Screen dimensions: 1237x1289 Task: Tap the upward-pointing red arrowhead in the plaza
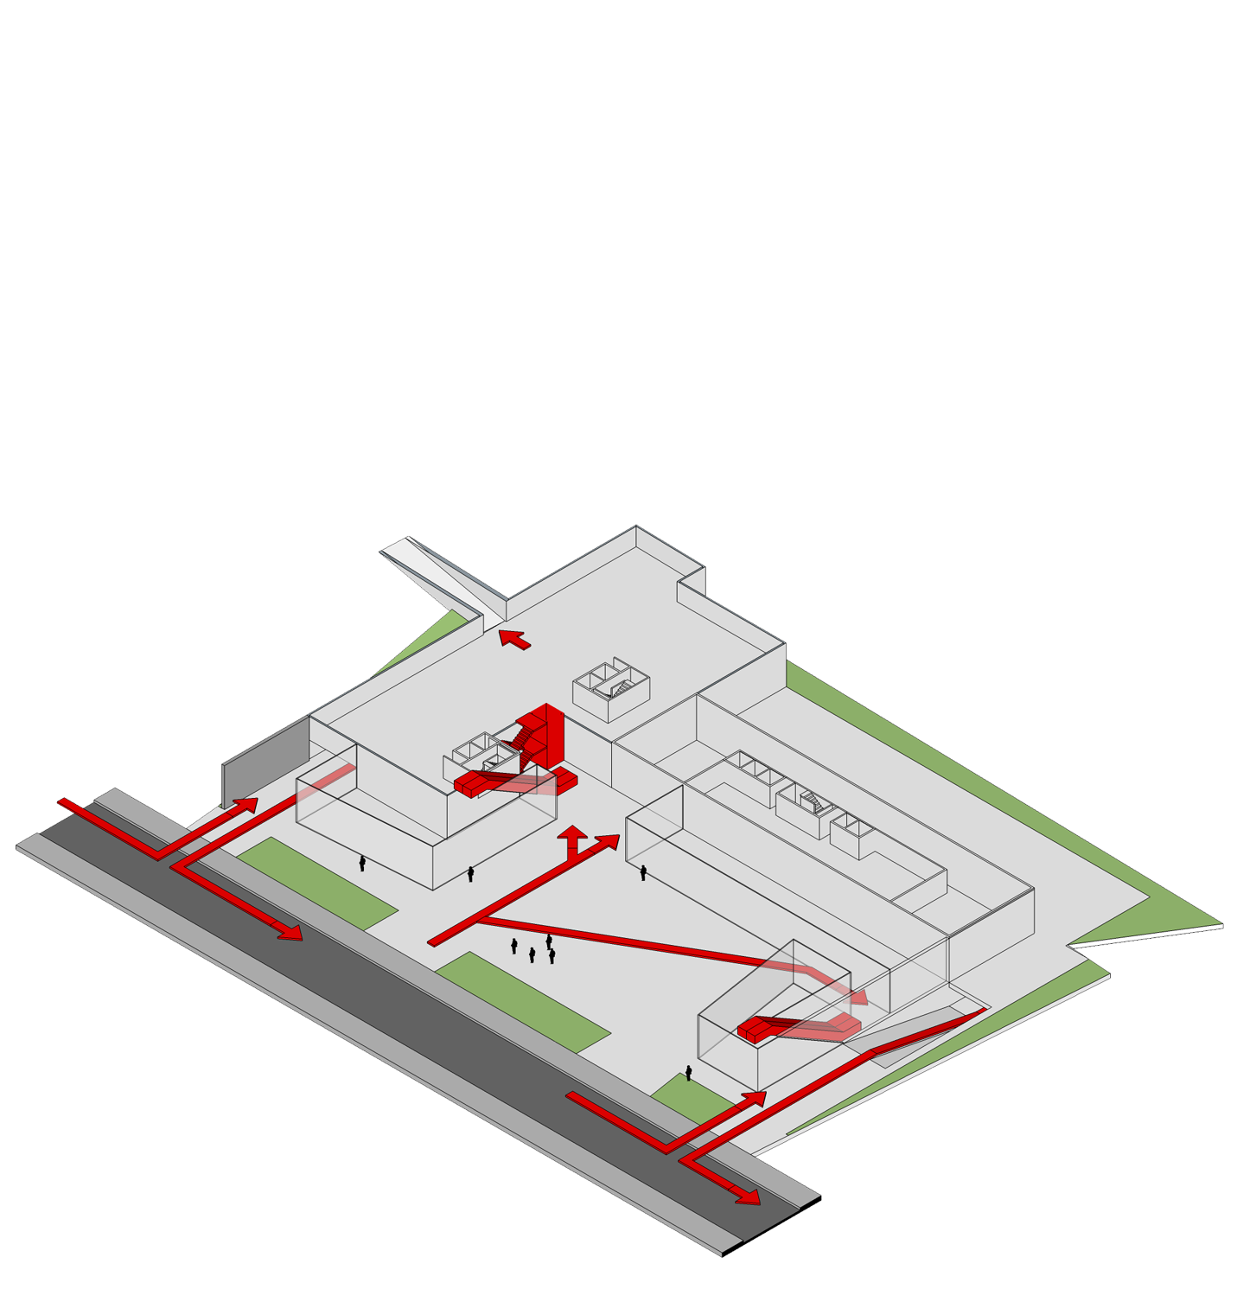pyautogui.click(x=571, y=833)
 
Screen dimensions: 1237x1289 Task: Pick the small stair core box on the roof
pyautogui.click(x=611, y=690)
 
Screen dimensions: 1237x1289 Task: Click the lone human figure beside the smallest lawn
pyautogui.click(x=689, y=1073)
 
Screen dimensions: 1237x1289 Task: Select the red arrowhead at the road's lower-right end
pyautogui.click(x=748, y=1197)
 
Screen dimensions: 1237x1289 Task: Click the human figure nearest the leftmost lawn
pyautogui.click(x=362, y=863)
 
